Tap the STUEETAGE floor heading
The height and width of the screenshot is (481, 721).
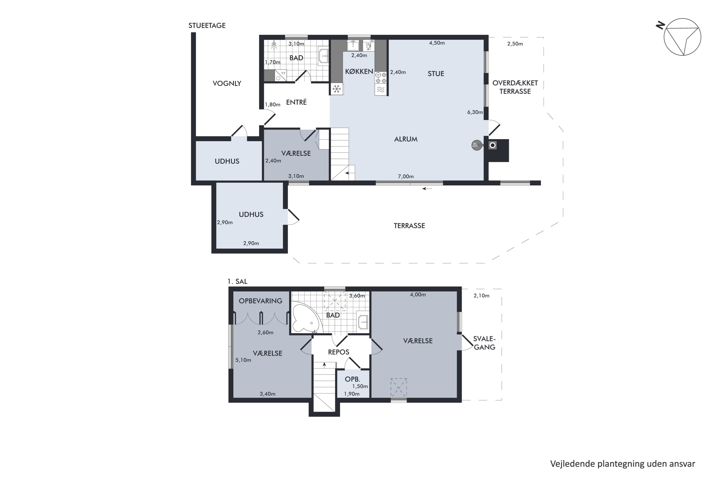click(x=207, y=25)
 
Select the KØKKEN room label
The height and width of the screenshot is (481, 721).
click(x=359, y=71)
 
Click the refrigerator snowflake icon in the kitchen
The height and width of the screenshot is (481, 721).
click(x=337, y=89)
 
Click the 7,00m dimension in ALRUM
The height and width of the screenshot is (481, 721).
click(x=406, y=176)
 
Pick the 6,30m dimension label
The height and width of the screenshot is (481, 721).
click(x=475, y=112)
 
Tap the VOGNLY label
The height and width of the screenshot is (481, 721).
click(x=227, y=83)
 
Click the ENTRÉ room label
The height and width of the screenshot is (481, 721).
click(x=296, y=102)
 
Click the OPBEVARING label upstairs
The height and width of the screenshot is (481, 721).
click(x=261, y=301)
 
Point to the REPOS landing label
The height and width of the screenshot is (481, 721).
click(x=338, y=352)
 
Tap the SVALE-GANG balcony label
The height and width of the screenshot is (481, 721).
click(x=484, y=343)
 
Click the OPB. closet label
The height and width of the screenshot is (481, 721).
click(x=352, y=379)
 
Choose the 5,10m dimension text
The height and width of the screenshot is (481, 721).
click(x=243, y=360)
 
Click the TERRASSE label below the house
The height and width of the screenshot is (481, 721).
click(x=409, y=226)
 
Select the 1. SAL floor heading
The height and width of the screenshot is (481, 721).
click(x=237, y=281)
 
